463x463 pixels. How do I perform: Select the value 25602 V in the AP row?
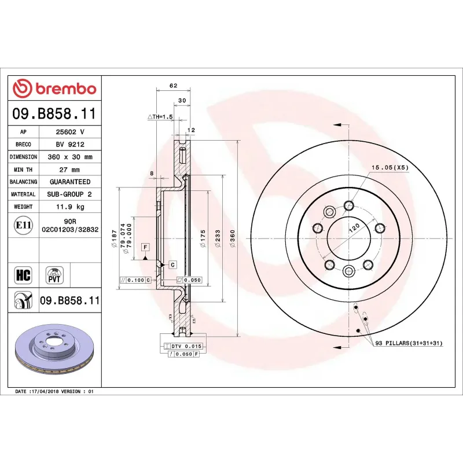click(69, 132)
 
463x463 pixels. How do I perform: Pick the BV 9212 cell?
click(69, 145)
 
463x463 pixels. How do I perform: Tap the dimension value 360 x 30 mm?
click(69, 157)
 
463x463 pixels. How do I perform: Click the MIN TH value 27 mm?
click(69, 170)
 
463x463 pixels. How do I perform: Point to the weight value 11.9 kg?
click(69, 207)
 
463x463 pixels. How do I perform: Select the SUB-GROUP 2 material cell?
click(69, 194)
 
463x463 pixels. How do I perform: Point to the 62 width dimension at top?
click(173, 86)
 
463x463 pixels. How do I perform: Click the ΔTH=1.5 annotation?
click(160, 117)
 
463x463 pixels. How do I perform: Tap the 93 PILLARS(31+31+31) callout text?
click(409, 343)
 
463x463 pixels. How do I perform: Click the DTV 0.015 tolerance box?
click(186, 346)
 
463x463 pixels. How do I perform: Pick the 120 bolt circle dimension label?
click(353, 227)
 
